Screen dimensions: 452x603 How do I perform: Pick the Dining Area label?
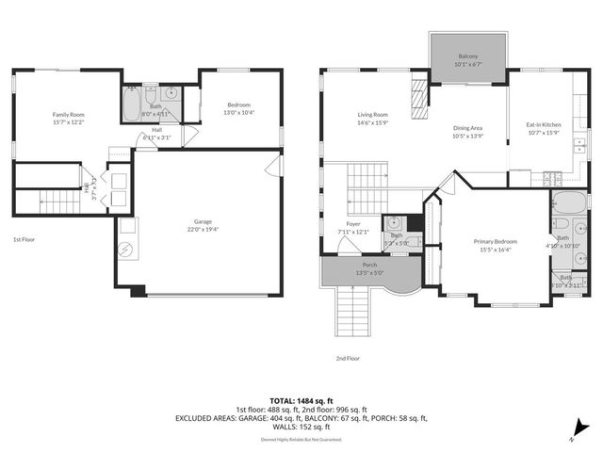coord(468,131)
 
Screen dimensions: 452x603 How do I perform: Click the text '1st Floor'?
coord(24,240)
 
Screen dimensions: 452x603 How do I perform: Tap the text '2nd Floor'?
coord(348,358)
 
